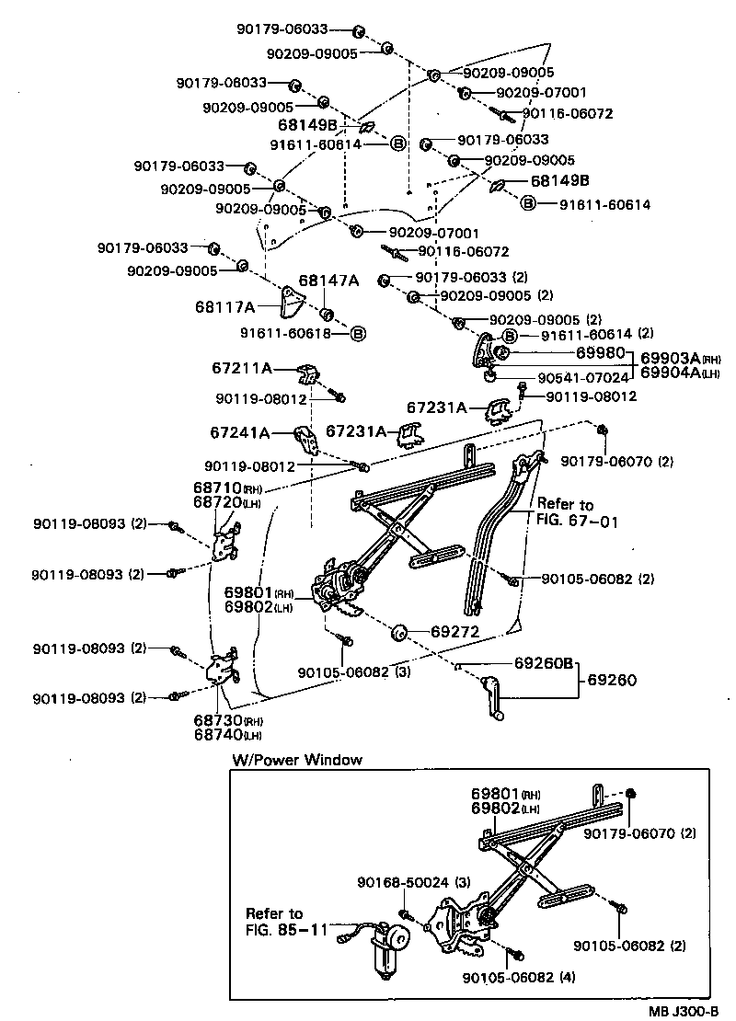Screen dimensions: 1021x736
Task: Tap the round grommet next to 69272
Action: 399,634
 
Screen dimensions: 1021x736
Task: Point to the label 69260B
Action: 544,662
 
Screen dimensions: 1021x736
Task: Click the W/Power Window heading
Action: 297,760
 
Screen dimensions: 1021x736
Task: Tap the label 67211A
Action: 241,369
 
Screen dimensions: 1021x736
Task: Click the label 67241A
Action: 240,432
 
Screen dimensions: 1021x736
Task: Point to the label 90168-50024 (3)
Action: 402,882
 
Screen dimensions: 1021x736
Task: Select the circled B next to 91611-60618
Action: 358,333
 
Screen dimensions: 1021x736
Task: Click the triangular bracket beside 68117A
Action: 293,303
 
